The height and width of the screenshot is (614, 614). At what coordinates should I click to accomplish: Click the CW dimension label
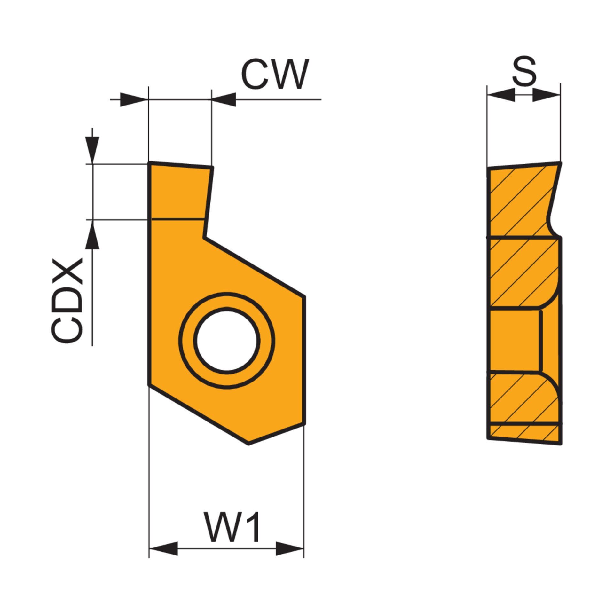pyautogui.click(x=275, y=75)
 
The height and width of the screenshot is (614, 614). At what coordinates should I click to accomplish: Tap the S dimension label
pyautogui.click(x=524, y=71)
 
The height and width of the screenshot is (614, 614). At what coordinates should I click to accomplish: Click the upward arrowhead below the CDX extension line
pyautogui.click(x=92, y=235)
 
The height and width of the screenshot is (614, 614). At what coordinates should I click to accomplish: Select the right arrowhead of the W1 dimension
pyautogui.click(x=289, y=548)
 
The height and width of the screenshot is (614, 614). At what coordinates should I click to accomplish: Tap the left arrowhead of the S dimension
pyautogui.click(x=501, y=95)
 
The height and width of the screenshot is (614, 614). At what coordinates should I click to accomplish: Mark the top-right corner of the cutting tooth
pyautogui.click(x=212, y=167)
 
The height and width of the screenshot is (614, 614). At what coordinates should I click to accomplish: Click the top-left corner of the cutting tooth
pyautogui.click(x=149, y=162)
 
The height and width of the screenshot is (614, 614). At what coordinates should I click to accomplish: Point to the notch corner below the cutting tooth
pyautogui.click(x=204, y=237)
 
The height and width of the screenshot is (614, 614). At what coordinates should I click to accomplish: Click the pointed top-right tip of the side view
pyautogui.click(x=561, y=163)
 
